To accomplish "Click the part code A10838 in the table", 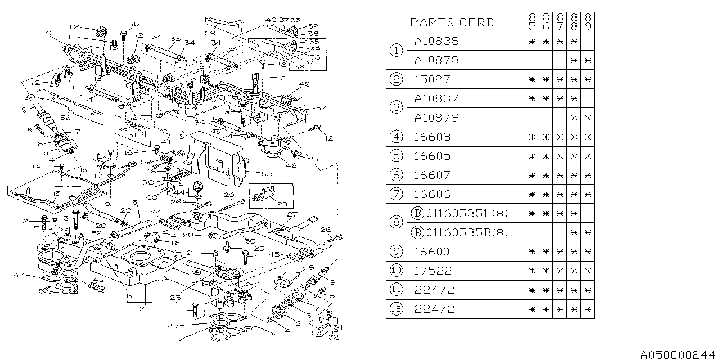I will coord(436,41).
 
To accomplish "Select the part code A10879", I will coord(436,118).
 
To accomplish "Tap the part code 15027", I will coord(432,79).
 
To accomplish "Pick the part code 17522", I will coord(432,271).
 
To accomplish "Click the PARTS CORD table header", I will coord(452,22).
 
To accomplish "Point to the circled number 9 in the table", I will coord(397,251).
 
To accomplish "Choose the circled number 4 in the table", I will coord(397,137).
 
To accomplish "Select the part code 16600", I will coord(432,251).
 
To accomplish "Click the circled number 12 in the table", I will coord(397,309).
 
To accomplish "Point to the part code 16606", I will coord(432,194).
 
